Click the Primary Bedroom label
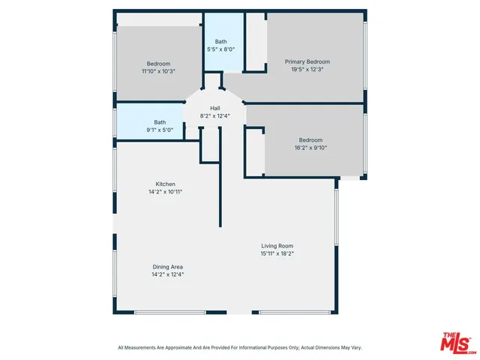(x=307, y=61)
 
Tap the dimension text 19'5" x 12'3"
(x=307, y=70)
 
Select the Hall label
(x=214, y=108)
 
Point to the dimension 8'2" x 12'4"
(x=214, y=116)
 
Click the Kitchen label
(x=165, y=184)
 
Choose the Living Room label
(x=277, y=245)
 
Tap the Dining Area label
(x=167, y=266)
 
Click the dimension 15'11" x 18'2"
(x=277, y=253)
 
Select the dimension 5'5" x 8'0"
(x=221, y=49)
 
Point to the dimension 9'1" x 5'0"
(x=160, y=130)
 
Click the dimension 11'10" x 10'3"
(x=158, y=71)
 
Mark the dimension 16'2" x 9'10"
(x=310, y=148)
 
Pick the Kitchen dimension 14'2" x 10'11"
(x=165, y=192)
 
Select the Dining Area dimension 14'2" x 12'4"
(x=167, y=274)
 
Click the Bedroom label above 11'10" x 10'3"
(x=158, y=63)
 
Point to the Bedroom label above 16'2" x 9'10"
(x=310, y=139)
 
